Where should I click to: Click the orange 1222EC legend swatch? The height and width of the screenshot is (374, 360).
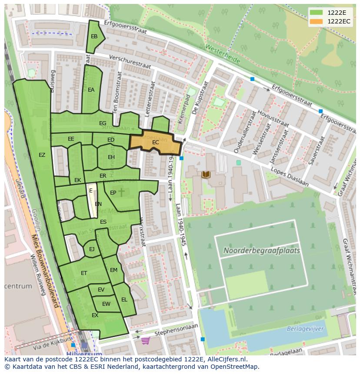coord(317,21)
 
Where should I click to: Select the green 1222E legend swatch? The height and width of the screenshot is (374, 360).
coord(317,13)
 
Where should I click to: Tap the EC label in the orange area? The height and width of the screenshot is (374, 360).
coord(155,142)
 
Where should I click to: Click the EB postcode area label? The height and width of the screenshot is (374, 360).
coord(94,36)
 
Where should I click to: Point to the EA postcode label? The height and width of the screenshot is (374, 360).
coord(91,90)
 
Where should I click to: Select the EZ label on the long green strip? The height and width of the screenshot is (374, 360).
coord(42,155)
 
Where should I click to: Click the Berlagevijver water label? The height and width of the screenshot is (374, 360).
coord(305,329)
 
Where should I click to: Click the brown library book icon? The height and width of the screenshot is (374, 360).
coord(206,175)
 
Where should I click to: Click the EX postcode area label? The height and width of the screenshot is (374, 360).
coord(95,315)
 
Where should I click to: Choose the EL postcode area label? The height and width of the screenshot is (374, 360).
coord(124,300)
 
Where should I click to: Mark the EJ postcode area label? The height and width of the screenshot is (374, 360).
coord(92,249)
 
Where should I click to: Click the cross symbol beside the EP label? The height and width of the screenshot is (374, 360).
coord(121,192)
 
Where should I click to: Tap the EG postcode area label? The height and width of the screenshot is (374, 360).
coord(103,123)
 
